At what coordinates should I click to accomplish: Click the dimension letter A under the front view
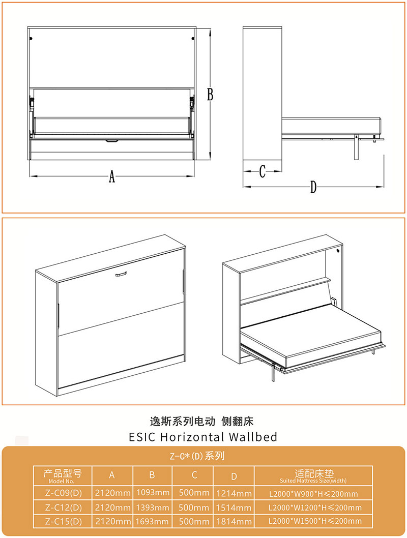point(112,176)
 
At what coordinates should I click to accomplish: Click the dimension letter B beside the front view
point(210,95)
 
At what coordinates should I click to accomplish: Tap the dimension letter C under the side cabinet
point(263,171)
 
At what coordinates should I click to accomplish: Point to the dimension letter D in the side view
point(313,187)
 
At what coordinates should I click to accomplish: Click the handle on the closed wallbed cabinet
point(121,274)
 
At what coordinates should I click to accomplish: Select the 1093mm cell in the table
point(153,493)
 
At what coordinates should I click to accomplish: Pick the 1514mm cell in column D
point(234,507)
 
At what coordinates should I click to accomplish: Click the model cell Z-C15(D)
point(64,522)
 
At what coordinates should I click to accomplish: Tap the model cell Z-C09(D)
point(64,493)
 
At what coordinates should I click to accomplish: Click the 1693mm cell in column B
point(152,522)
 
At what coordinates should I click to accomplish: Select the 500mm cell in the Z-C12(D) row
point(194,507)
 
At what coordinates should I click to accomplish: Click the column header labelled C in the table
point(194,475)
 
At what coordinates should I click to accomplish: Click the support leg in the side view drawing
point(356,147)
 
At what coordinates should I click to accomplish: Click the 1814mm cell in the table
point(234,522)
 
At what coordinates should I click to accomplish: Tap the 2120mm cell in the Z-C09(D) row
point(112,493)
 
